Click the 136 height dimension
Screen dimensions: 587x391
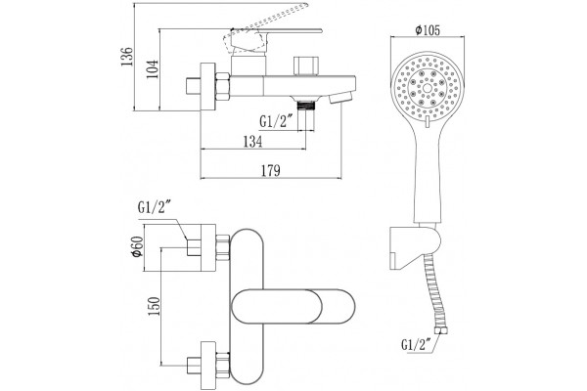[x=127, y=57]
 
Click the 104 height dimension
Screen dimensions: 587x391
[x=153, y=69]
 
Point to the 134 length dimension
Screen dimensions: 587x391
[x=253, y=142]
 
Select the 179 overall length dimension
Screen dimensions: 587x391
[x=271, y=170]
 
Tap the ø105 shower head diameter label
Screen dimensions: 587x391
[x=428, y=30]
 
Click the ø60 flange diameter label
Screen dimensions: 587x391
[x=137, y=247]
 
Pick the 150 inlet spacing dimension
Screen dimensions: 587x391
[x=154, y=306]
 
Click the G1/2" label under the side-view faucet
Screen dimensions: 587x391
[x=276, y=121]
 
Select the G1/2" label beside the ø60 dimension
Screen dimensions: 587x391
[x=155, y=207]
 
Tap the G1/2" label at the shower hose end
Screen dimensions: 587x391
[x=418, y=344]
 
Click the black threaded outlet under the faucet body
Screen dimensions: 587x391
[x=306, y=106]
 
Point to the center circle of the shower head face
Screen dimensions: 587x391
[x=428, y=88]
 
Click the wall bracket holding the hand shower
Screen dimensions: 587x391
[x=414, y=247]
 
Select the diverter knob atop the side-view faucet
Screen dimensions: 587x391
[x=306, y=65]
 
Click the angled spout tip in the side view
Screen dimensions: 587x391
[x=340, y=98]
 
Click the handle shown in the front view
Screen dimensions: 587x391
[x=293, y=306]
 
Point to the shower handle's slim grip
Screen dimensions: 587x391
[x=427, y=176]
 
